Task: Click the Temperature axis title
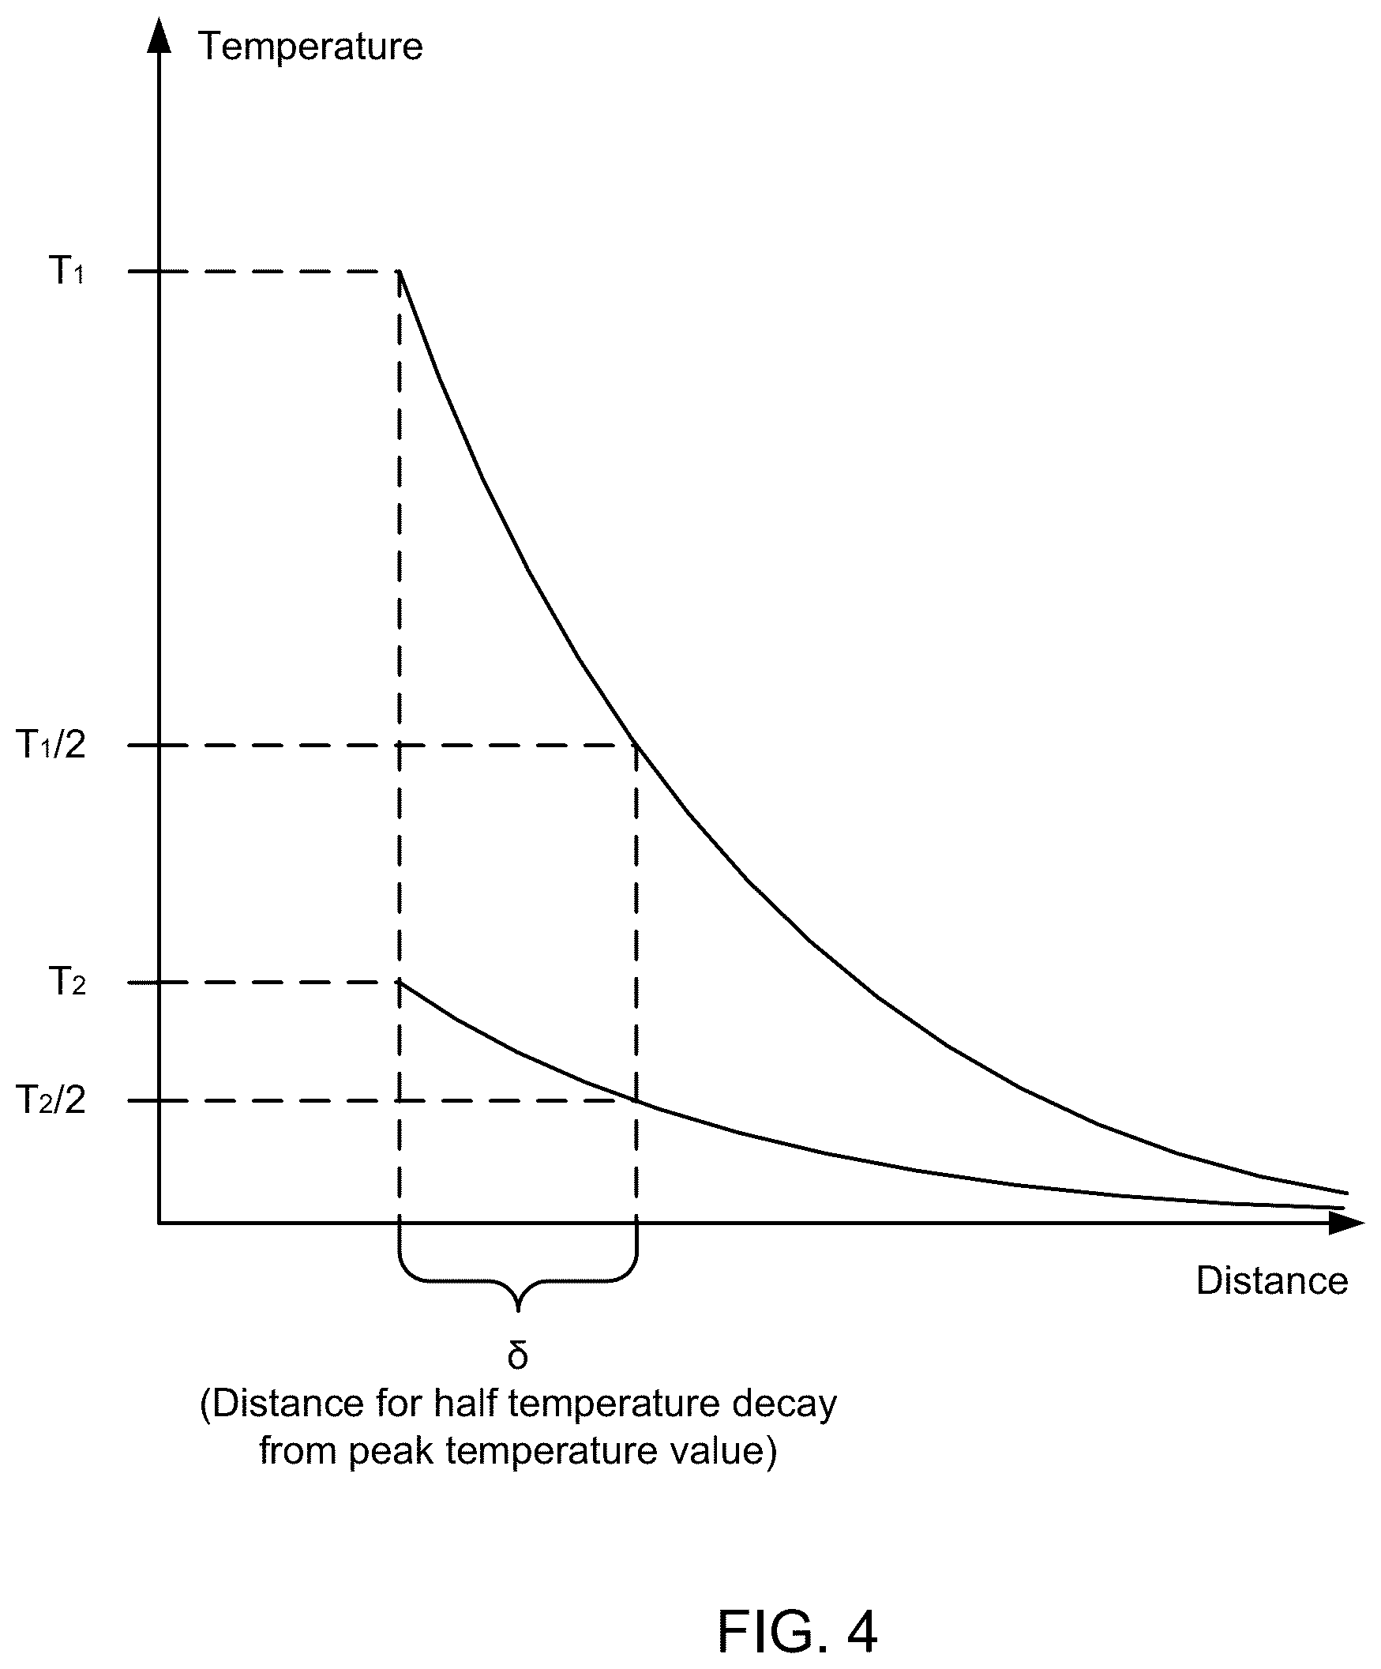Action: pos(310,46)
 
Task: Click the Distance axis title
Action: pos(1272,1280)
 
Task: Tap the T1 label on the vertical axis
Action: pos(67,270)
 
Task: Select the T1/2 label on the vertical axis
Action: pos(51,744)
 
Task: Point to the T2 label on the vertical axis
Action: pos(67,982)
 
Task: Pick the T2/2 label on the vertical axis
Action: pos(51,1100)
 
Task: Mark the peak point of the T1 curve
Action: pos(399,272)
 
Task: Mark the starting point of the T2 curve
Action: pos(399,983)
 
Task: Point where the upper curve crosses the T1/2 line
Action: pos(636,745)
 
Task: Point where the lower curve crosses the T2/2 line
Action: pos(636,1101)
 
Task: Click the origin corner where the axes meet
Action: pos(159,1223)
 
